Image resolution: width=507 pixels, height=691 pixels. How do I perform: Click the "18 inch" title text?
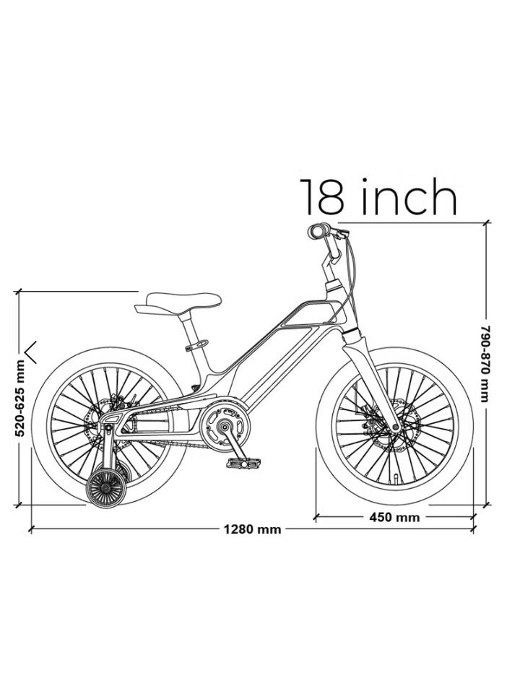click(x=378, y=197)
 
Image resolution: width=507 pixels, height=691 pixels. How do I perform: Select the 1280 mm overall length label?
click(x=252, y=529)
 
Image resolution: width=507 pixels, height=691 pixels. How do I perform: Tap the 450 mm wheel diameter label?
click(x=394, y=516)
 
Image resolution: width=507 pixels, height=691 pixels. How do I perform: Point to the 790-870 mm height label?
click(x=485, y=364)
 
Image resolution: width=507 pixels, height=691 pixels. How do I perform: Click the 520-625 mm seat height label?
click(x=19, y=398)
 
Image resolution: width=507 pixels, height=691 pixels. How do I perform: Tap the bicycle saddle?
click(x=178, y=303)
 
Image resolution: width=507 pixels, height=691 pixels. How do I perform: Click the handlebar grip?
click(x=318, y=231)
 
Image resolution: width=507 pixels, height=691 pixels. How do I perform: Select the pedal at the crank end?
click(x=244, y=463)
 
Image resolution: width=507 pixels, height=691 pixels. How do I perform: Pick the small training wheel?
click(x=106, y=488)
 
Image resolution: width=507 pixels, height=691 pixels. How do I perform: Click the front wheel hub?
click(x=396, y=427)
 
